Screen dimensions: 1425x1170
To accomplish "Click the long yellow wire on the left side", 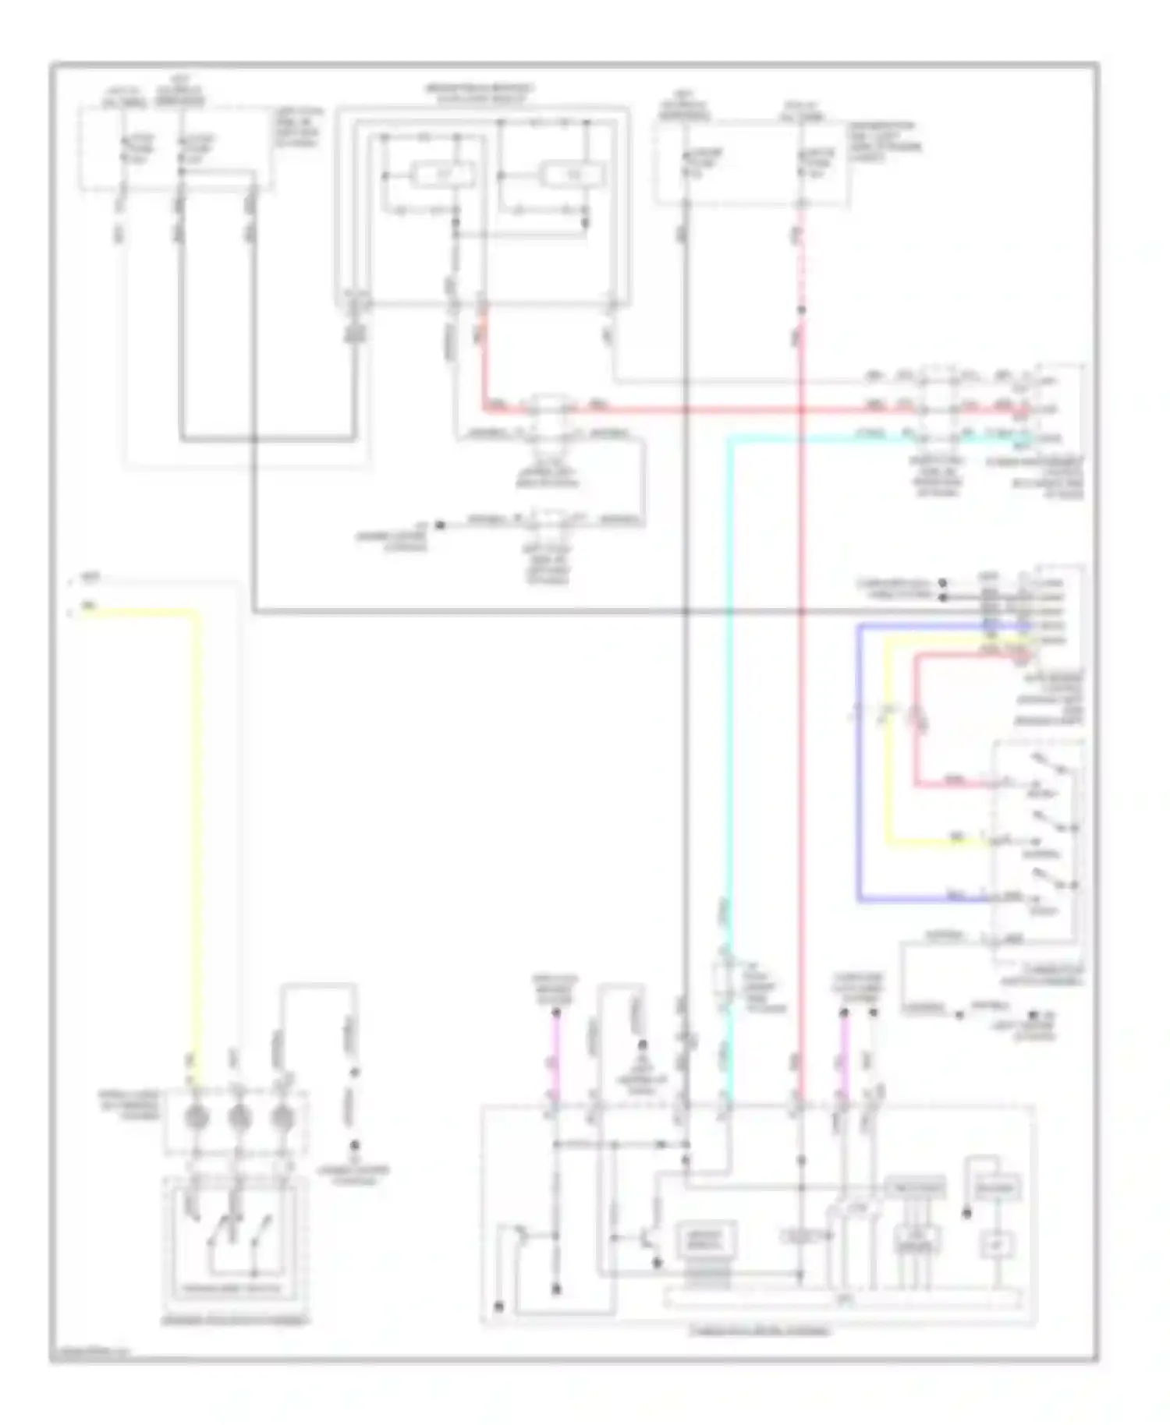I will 196,819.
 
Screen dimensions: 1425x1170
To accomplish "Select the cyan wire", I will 729,702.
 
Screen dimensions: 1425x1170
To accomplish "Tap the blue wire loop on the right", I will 859,764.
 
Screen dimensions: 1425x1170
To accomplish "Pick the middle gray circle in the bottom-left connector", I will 239,1117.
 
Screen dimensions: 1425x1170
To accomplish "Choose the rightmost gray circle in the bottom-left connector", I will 281,1117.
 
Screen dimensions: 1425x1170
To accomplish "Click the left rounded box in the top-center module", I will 443,175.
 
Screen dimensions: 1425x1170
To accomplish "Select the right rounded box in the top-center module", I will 573,175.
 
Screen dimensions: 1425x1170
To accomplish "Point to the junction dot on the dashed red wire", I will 801,310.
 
